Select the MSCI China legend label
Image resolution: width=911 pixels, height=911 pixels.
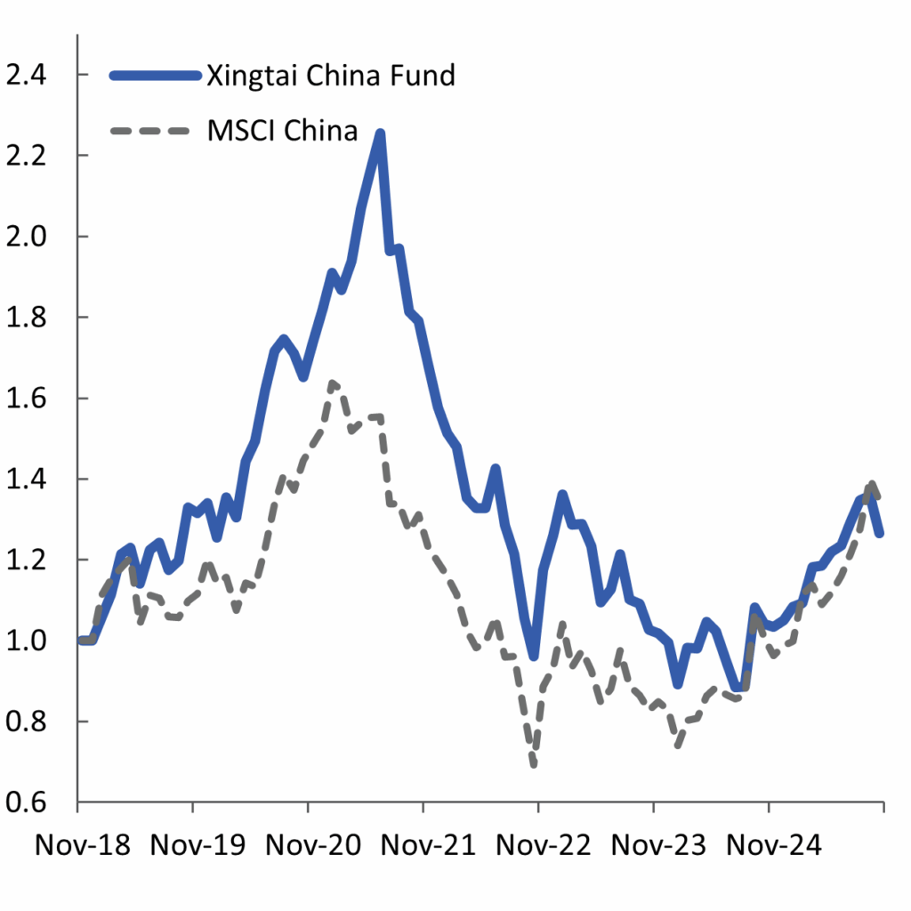(282, 131)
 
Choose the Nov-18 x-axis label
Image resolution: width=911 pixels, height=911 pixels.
(82, 846)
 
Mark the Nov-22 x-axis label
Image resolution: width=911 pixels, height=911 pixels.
(540, 846)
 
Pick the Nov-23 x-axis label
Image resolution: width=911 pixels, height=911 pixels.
(655, 846)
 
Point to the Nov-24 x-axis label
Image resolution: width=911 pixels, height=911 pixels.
(770, 846)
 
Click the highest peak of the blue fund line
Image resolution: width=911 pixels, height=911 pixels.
(380, 133)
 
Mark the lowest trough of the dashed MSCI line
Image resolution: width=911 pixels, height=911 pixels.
(534, 763)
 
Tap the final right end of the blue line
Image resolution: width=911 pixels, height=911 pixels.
(881, 533)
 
